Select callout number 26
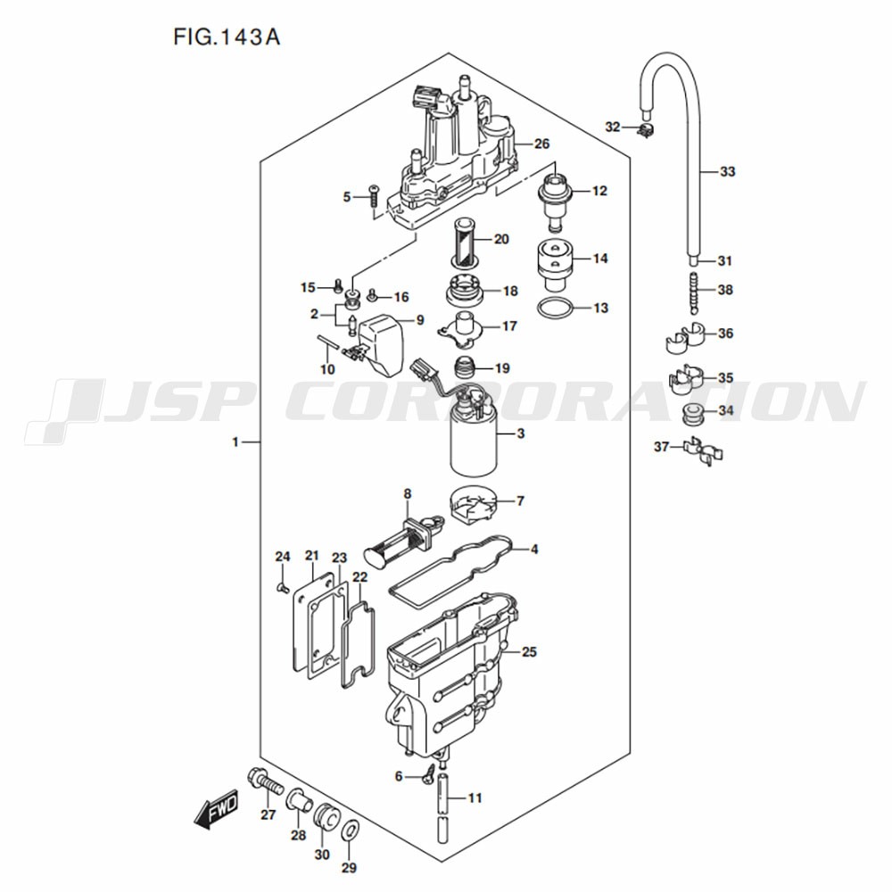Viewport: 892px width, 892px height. (x=541, y=145)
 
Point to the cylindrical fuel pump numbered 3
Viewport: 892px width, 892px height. (x=472, y=442)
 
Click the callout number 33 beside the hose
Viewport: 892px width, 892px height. (x=727, y=171)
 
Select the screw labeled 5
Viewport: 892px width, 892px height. (x=375, y=196)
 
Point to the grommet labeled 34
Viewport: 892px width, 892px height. (x=690, y=413)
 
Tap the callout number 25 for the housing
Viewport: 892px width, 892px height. (x=529, y=652)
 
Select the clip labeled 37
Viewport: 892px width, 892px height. (x=701, y=450)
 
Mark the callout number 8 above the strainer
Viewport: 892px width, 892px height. (x=407, y=493)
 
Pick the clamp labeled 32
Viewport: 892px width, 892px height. (x=646, y=131)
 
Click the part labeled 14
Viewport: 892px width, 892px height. (x=554, y=260)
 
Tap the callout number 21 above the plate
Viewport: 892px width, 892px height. (x=312, y=556)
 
